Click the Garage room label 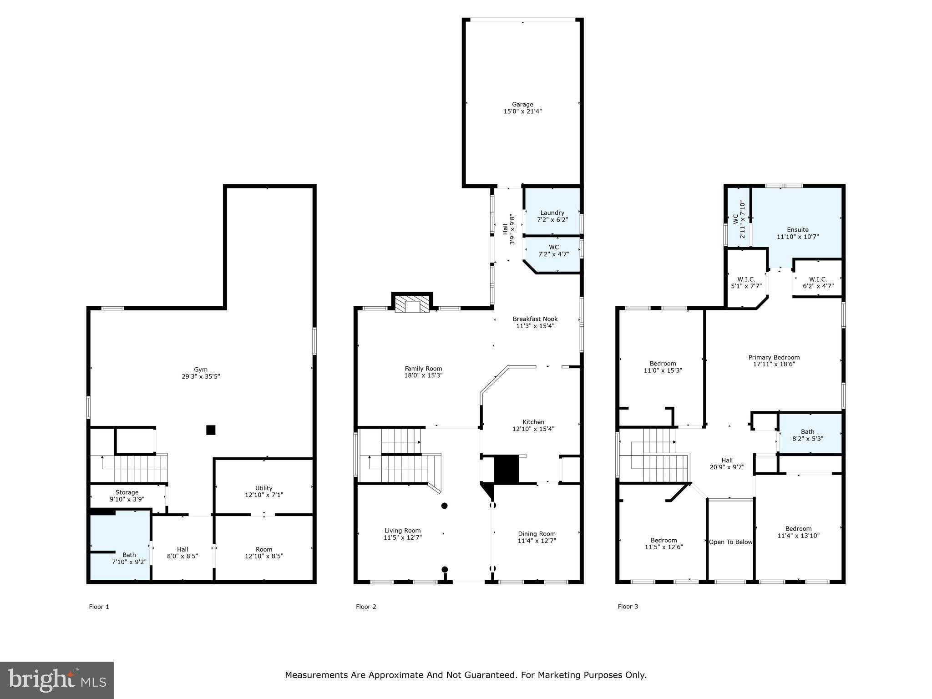tap(522, 105)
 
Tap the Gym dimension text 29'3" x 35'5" tap(201, 376)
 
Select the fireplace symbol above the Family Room tap(412, 305)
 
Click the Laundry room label tap(552, 213)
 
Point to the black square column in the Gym tap(211, 430)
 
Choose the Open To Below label tap(730, 542)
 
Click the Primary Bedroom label tap(774, 357)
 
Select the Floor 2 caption tap(366, 607)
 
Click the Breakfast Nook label tap(535, 319)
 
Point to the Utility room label tap(263, 488)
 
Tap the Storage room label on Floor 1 tap(127, 492)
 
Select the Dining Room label tap(537, 534)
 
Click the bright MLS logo tap(57, 680)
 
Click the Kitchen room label tap(533, 422)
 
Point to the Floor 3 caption tap(628, 607)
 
